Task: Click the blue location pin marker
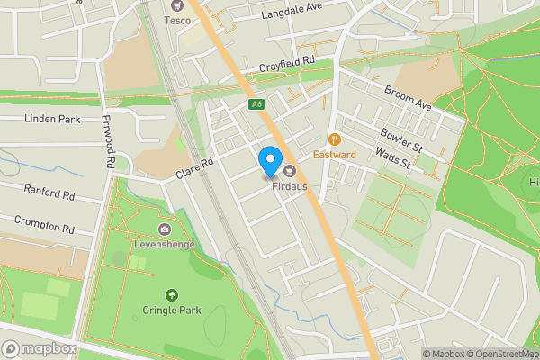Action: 269,163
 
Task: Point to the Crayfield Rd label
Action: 288,64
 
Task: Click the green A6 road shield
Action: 257,105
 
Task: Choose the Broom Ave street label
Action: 408,98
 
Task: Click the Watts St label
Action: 392,157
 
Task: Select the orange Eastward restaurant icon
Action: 335,139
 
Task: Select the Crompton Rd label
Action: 43,222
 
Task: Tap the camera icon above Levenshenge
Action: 165,231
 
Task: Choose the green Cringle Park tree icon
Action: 172,294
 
